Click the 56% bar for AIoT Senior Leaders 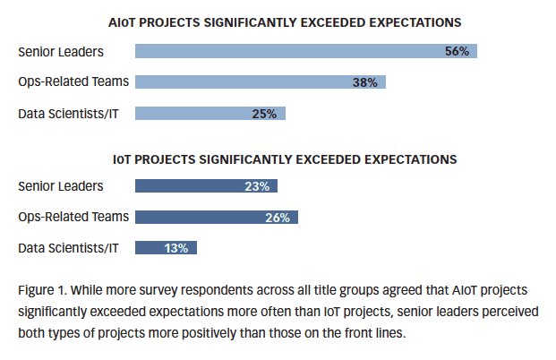pos(304,51)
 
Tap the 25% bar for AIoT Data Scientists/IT pos(210,114)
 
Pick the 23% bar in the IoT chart pos(206,186)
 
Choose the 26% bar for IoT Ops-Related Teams pos(216,217)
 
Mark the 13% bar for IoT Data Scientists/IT pos(166,248)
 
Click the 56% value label pos(457,51)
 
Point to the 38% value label pos(364,82)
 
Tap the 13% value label pos(175,248)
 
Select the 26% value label pos(278,217)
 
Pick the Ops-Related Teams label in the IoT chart pos(73,217)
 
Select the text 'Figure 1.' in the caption pos(41,291)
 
